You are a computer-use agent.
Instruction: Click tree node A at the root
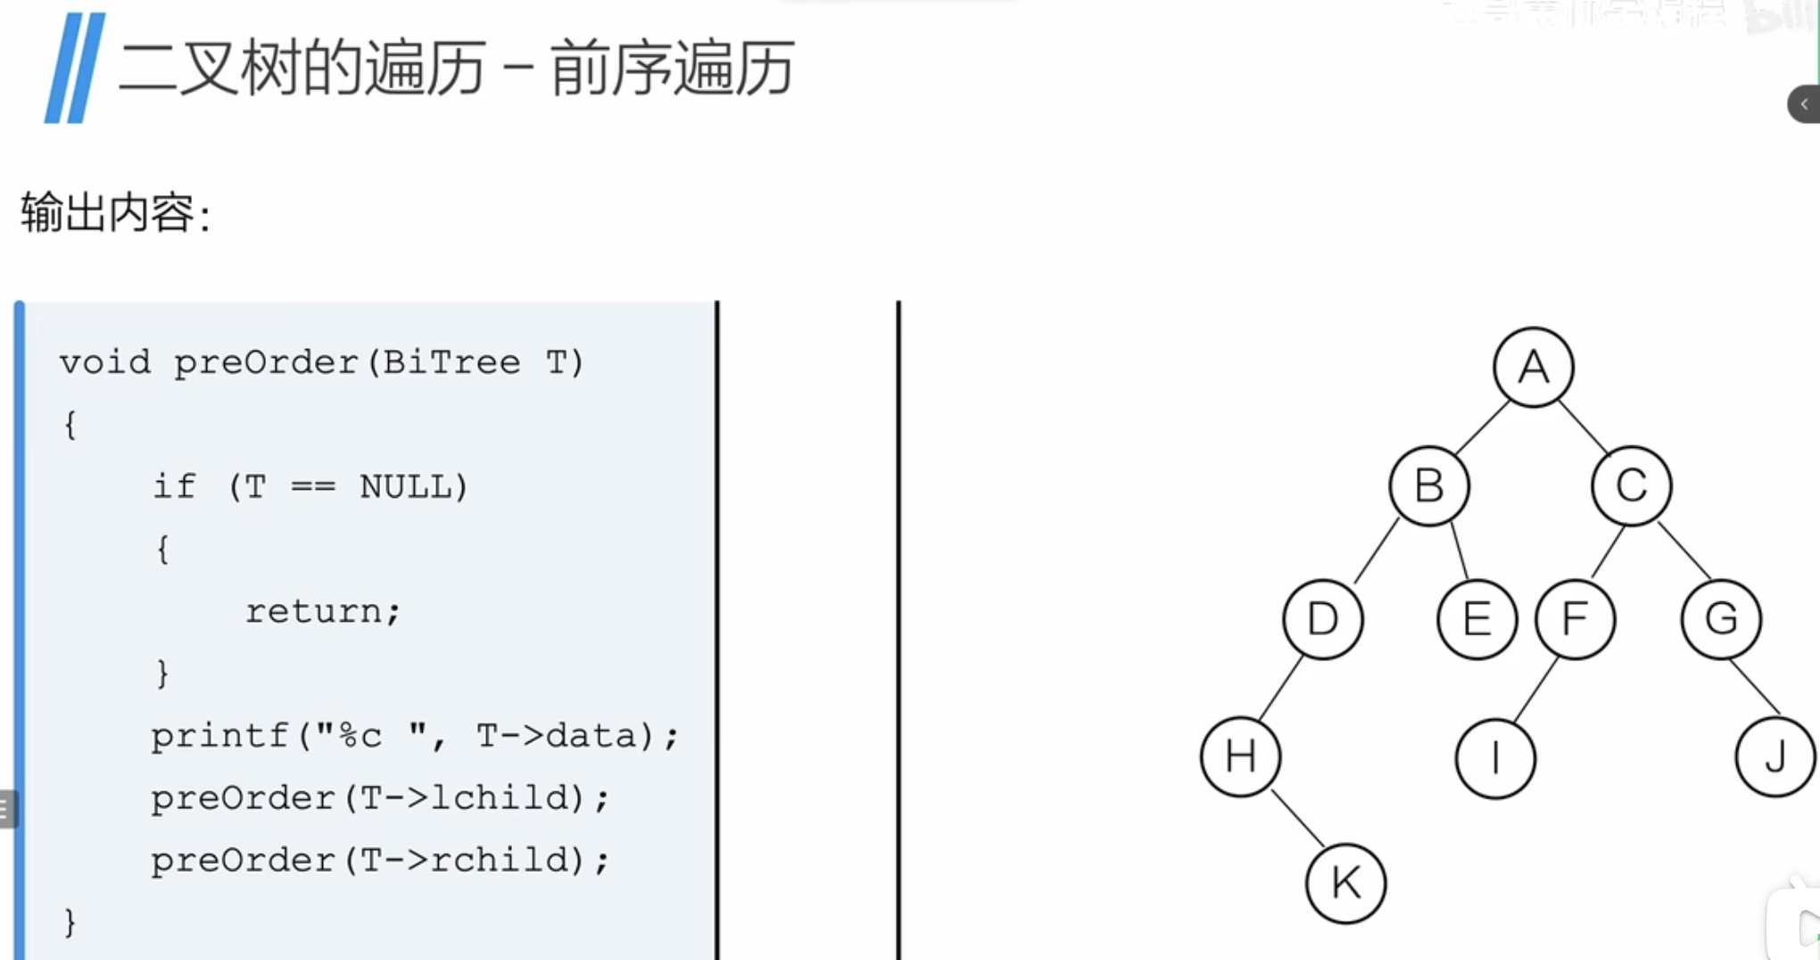(1533, 367)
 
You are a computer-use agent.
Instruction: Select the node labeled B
(1428, 486)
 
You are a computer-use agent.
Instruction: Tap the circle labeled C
(1631, 486)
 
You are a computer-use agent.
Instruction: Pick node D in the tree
(1322, 619)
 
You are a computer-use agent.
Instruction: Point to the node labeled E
(1477, 619)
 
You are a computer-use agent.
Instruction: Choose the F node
(1575, 619)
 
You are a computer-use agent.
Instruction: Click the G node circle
(1720, 619)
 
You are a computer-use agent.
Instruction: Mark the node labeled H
(1240, 757)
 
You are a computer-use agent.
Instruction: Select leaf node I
(1495, 759)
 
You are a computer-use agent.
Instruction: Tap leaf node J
(1774, 757)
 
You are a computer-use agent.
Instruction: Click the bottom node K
(1345, 883)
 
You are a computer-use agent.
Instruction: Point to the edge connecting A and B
(1481, 427)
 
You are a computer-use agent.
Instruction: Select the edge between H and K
(1296, 817)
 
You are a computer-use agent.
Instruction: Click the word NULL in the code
(405, 487)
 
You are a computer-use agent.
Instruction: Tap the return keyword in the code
(313, 612)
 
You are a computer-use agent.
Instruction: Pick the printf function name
(219, 737)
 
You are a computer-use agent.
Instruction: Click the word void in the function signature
(105, 363)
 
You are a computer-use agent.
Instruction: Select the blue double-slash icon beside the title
(75, 68)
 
